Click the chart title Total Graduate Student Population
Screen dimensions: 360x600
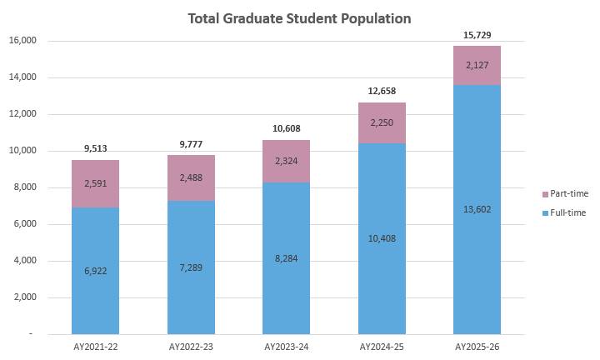pyautogui.click(x=300, y=17)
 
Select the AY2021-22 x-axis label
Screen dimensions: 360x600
pyautogui.click(x=95, y=346)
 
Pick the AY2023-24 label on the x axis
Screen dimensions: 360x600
pyautogui.click(x=286, y=346)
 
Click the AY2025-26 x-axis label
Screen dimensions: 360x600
pyautogui.click(x=477, y=346)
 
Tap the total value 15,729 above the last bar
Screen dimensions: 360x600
pyautogui.click(x=477, y=35)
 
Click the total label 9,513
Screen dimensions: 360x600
pyautogui.click(x=95, y=149)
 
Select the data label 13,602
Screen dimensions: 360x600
pyautogui.click(x=477, y=208)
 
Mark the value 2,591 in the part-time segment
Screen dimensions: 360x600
pyautogui.click(x=95, y=183)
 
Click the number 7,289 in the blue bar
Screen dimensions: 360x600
pyautogui.click(x=191, y=267)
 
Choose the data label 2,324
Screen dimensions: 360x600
pyautogui.click(x=286, y=161)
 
